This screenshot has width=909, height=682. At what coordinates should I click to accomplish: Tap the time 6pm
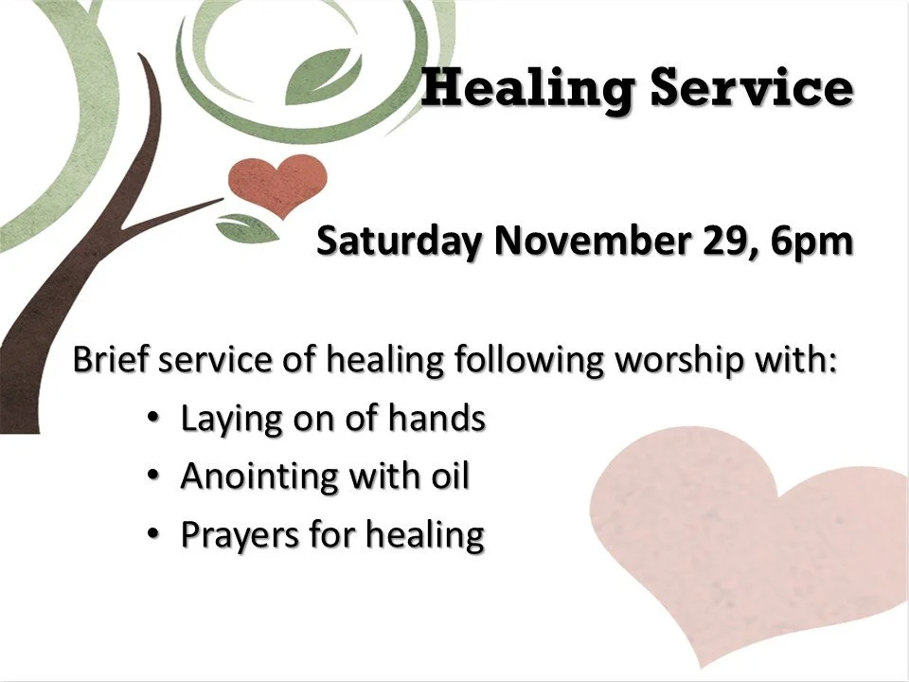coord(811,241)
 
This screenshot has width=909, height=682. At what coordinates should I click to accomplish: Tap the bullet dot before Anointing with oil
coord(153,475)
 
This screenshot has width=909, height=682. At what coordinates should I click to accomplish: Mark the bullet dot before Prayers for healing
coord(153,533)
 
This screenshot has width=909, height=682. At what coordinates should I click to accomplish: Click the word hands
coord(439,418)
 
